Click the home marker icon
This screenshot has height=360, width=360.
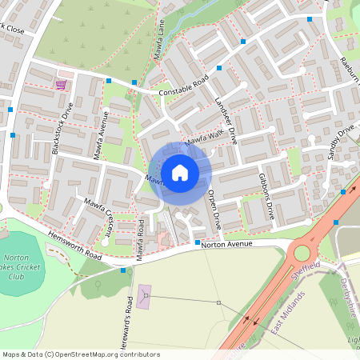tap(180, 173)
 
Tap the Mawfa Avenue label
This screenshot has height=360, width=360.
tap(101, 135)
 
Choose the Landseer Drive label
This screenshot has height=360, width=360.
tap(227, 120)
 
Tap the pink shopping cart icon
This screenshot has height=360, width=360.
tap(60, 84)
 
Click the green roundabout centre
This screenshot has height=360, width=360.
tap(302, 253)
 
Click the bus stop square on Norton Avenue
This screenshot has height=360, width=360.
tap(198, 242)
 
